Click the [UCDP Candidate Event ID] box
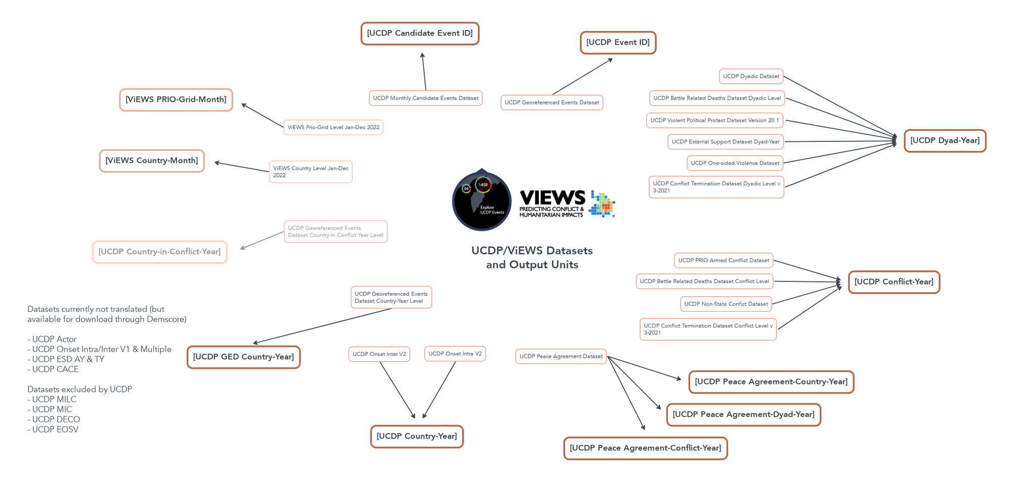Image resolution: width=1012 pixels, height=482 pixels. pyautogui.click(x=419, y=33)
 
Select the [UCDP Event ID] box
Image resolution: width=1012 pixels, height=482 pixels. pyautogui.click(x=618, y=43)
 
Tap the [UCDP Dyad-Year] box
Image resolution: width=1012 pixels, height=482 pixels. pyautogui.click(x=945, y=141)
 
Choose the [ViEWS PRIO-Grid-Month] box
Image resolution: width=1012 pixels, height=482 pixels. pyautogui.click(x=176, y=100)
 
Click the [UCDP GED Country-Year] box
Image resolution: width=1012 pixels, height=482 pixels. pyautogui.click(x=243, y=357)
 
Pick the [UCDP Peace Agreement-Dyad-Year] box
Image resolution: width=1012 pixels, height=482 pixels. pyautogui.click(x=743, y=415)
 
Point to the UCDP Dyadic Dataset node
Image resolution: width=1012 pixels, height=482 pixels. pyautogui.click(x=751, y=76)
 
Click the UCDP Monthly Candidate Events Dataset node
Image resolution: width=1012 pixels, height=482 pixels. pyautogui.click(x=426, y=98)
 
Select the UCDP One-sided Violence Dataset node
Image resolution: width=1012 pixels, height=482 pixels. pyautogui.click(x=735, y=163)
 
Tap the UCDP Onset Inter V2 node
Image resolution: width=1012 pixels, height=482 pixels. pyautogui.click(x=379, y=354)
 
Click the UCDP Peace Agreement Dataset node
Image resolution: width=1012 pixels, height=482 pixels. pyautogui.click(x=561, y=356)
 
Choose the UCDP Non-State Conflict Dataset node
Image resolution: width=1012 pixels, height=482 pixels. pyautogui.click(x=726, y=304)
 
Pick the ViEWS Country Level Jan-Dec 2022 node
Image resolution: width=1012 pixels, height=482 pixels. pyautogui.click(x=311, y=172)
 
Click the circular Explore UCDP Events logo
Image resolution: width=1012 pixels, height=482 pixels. pyautogui.click(x=481, y=200)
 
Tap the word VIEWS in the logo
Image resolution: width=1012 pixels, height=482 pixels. pyautogui.click(x=552, y=197)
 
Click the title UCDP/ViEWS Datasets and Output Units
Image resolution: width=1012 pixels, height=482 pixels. pyautogui.click(x=532, y=258)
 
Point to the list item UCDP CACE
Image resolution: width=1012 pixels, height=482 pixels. pyautogui.click(x=55, y=370)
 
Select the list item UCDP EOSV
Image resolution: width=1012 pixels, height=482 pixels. pyautogui.click(x=55, y=430)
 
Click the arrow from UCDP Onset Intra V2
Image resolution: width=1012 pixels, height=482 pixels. pyautogui.click(x=439, y=390)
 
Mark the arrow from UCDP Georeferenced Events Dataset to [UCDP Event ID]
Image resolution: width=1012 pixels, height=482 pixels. pyautogui.click(x=582, y=77)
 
